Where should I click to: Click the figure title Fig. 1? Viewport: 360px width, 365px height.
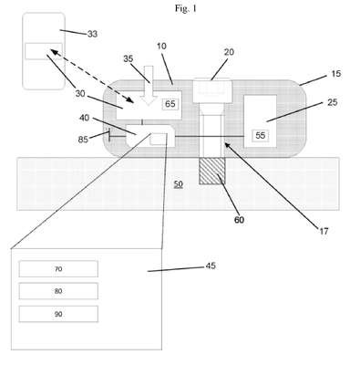click(x=186, y=9)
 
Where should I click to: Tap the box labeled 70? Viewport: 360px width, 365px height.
click(x=58, y=269)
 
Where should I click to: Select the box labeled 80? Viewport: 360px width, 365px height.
click(x=58, y=291)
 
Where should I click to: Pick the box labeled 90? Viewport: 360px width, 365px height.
click(x=58, y=314)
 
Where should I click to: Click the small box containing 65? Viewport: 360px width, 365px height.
click(x=170, y=104)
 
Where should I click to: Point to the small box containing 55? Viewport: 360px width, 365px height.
click(x=261, y=135)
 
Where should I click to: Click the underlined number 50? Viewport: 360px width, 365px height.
click(x=179, y=184)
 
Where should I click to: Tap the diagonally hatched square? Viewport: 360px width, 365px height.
click(x=212, y=172)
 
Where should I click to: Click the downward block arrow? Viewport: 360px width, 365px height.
click(x=149, y=86)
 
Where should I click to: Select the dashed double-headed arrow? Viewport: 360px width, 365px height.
click(x=92, y=76)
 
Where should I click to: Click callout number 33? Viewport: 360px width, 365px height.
click(x=92, y=34)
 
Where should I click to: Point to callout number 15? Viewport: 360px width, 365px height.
click(x=335, y=74)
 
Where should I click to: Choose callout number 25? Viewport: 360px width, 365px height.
click(x=333, y=102)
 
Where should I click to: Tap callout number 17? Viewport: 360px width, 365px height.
click(x=324, y=232)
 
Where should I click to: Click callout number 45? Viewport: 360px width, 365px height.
click(x=211, y=266)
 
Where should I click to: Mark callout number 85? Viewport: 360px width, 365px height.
click(x=83, y=140)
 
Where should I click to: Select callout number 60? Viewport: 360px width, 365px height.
click(x=239, y=220)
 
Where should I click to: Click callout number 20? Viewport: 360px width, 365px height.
click(x=229, y=52)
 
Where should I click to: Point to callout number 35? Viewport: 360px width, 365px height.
click(x=129, y=58)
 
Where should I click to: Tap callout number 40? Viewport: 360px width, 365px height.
click(x=85, y=118)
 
